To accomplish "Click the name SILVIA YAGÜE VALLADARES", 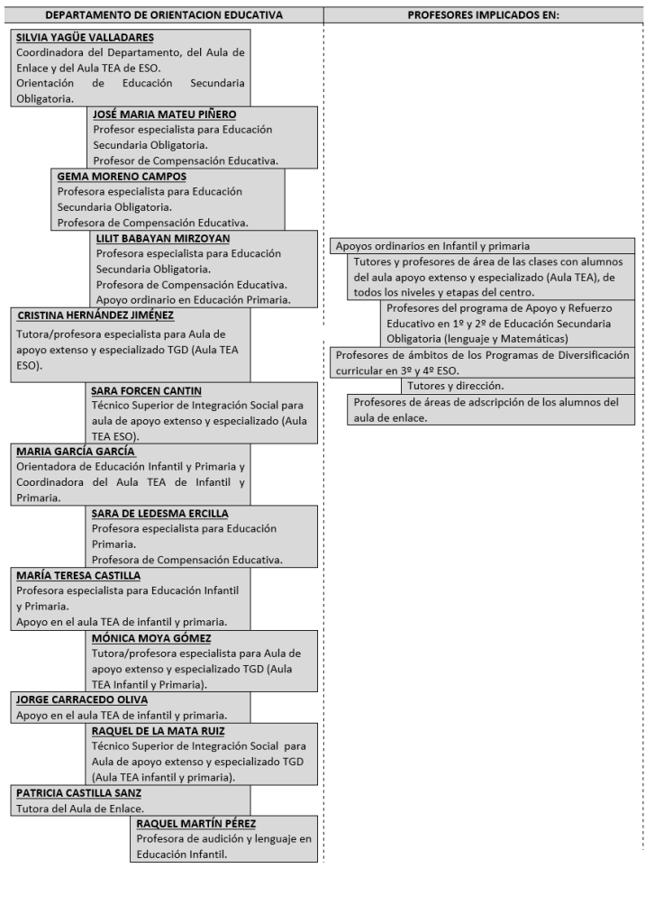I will click(x=85, y=38).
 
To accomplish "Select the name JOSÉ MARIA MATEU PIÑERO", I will click(x=166, y=114).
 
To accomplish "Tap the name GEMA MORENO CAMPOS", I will click(x=123, y=177).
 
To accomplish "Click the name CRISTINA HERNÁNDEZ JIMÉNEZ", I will click(x=95, y=315).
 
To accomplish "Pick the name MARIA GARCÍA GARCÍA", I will click(x=76, y=452).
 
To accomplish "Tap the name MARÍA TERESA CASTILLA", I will click(x=79, y=575).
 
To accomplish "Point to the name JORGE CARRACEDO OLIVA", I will click(x=82, y=699).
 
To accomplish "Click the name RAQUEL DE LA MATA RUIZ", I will click(x=159, y=730).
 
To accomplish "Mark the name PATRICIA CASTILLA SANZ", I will click(x=78, y=792).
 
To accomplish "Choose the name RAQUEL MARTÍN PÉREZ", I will click(x=197, y=823).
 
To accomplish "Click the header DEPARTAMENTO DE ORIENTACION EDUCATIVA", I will click(x=163, y=15).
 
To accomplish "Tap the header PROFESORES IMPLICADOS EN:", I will click(x=483, y=15).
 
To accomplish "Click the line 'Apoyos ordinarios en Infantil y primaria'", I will click(x=432, y=245).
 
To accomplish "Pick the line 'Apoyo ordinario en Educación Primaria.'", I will click(x=193, y=299).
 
